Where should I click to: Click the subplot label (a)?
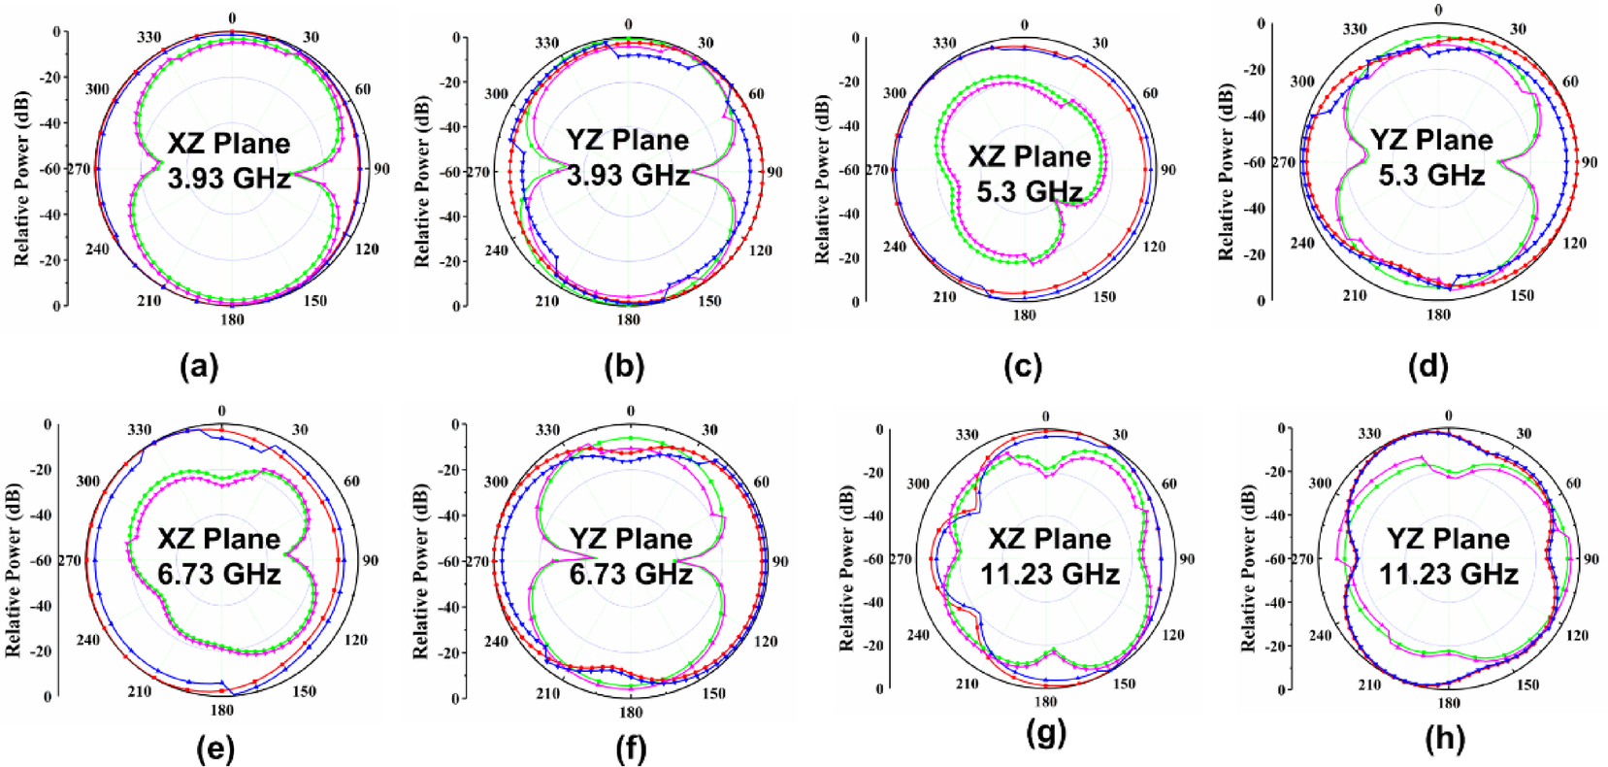pyautogui.click(x=200, y=366)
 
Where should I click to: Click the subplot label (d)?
pyautogui.click(x=1428, y=366)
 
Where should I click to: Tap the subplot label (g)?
pyautogui.click(x=1045, y=734)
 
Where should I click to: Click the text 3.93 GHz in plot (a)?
pyautogui.click(x=229, y=179)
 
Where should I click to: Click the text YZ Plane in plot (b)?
pyautogui.click(x=628, y=140)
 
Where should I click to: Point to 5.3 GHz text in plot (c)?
pyautogui.click(x=1029, y=192)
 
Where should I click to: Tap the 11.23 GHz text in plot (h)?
pyautogui.click(x=1448, y=574)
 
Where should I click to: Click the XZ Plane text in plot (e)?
pyautogui.click(x=219, y=539)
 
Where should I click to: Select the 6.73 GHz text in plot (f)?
pyautogui.click(x=631, y=574)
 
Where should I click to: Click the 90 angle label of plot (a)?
pyautogui.click(x=381, y=169)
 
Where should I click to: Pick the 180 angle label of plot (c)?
pyautogui.click(x=1025, y=316)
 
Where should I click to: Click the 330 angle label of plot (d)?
pyautogui.click(x=1355, y=29)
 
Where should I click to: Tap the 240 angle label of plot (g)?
pyautogui.click(x=918, y=635)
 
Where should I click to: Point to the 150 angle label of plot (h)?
pyautogui.click(x=1527, y=684)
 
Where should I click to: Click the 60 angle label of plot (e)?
pyautogui.click(x=351, y=481)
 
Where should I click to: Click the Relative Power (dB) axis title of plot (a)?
pyautogui.click(x=21, y=179)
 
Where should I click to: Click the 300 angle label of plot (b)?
pyautogui.click(x=496, y=94)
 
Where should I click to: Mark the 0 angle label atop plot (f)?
pyautogui.click(x=630, y=412)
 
